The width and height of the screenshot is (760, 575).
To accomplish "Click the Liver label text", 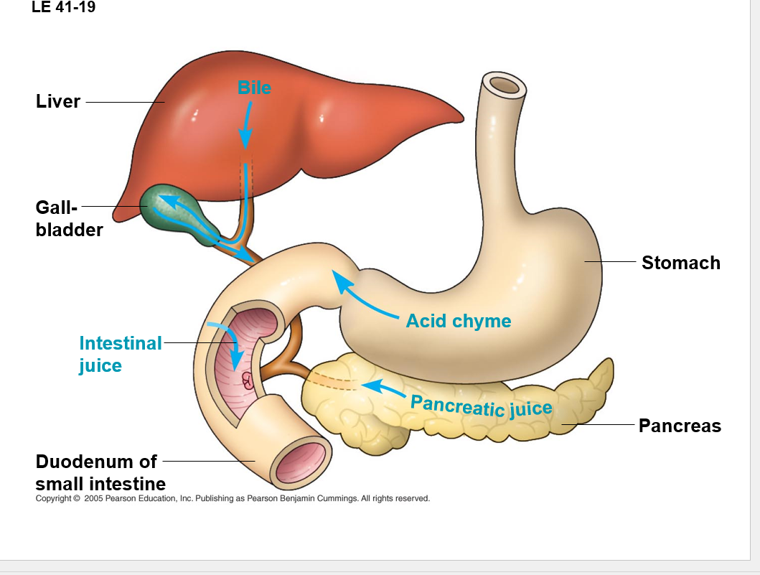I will [57, 102].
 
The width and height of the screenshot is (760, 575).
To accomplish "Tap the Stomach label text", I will [680, 263].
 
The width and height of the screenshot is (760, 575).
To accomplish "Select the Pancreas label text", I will [680, 426].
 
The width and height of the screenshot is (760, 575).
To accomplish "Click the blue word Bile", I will [254, 88].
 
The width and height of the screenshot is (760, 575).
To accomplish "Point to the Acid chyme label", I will [459, 321].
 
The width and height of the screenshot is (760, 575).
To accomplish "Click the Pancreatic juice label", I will [481, 406].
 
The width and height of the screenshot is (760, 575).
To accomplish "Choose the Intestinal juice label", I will [120, 354].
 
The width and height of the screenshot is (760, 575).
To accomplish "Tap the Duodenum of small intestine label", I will [100, 472].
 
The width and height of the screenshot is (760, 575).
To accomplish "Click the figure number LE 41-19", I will [64, 9].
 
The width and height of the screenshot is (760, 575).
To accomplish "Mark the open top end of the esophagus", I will [505, 85].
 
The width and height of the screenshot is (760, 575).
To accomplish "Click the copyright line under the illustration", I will [233, 498].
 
